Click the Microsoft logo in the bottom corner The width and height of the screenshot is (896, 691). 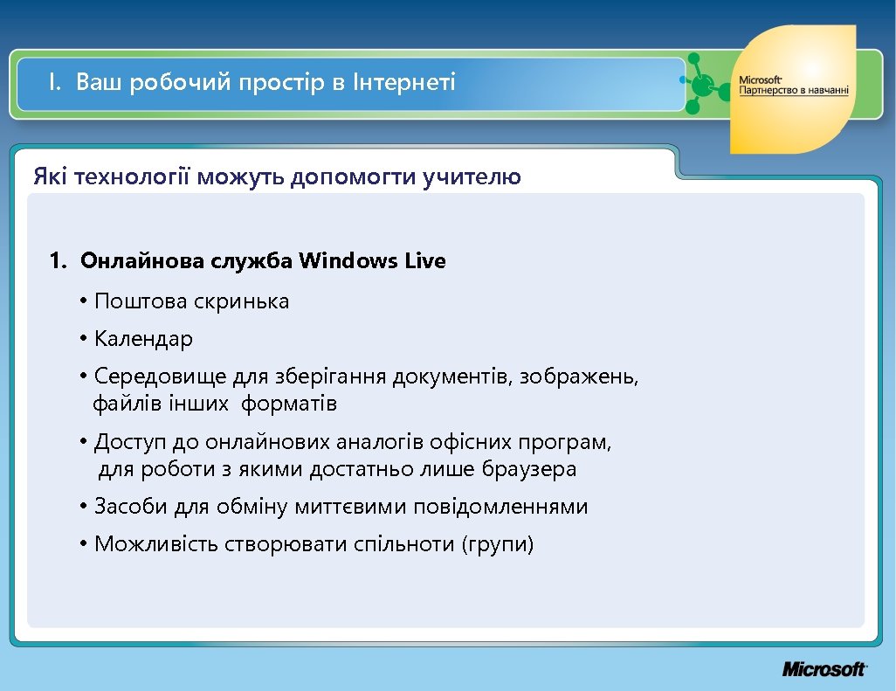click(824, 669)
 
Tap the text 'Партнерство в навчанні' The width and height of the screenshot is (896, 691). click(794, 91)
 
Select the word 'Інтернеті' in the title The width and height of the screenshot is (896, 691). click(403, 83)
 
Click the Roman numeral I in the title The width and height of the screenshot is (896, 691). click(53, 83)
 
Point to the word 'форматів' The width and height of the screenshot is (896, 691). click(289, 404)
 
